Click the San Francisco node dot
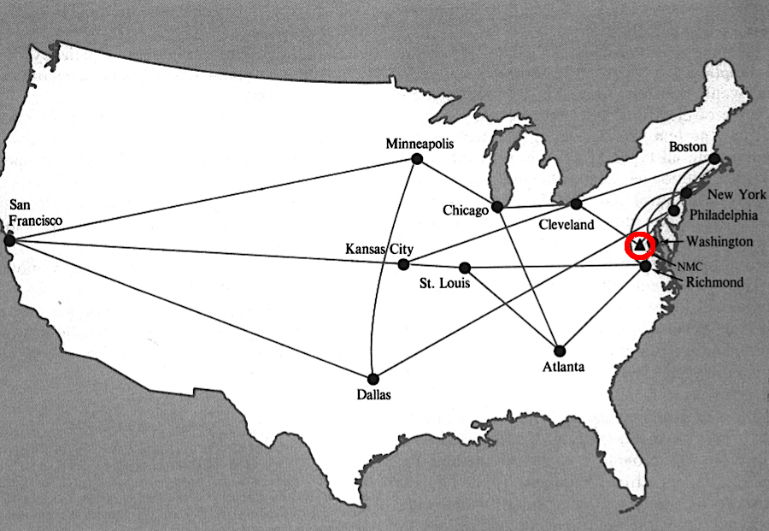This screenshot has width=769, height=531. click(x=9, y=241)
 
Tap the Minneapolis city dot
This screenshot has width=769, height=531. click(x=417, y=159)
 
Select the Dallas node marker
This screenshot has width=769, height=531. click(x=373, y=378)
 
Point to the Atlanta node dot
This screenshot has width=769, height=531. click(x=560, y=350)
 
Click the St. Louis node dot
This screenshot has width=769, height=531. click(x=465, y=268)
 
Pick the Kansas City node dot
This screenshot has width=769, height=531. click(x=403, y=264)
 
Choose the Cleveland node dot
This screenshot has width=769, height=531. click(x=576, y=204)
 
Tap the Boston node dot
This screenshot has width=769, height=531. click(x=715, y=158)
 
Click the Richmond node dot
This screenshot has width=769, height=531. click(x=645, y=267)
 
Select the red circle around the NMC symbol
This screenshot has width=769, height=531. click(x=640, y=245)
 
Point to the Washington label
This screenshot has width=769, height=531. click(x=719, y=242)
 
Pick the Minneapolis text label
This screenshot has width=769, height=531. click(x=419, y=143)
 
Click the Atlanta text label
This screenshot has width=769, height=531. click(x=564, y=368)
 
